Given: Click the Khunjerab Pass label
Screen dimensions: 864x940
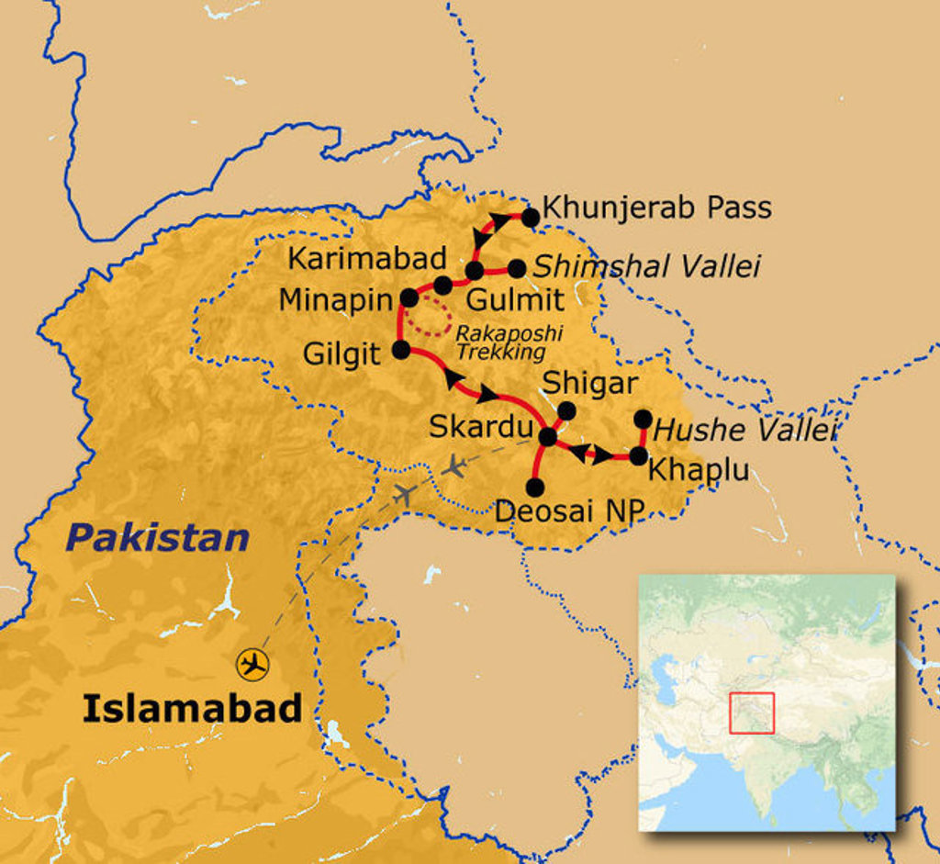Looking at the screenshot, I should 657,208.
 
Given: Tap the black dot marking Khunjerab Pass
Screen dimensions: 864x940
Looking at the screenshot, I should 530,218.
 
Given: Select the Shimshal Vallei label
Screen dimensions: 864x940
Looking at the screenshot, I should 646,266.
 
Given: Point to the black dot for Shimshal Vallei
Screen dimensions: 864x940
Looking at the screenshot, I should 517,268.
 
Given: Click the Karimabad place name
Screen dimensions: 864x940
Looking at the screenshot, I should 366,258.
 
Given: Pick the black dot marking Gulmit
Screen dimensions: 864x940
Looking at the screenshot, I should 475,270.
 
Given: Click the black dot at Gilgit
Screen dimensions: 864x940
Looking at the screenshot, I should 401,349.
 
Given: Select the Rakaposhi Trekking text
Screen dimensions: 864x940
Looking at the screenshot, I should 509,342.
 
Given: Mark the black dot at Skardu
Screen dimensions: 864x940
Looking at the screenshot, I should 548,437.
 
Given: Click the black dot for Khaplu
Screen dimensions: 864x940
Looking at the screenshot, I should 637,454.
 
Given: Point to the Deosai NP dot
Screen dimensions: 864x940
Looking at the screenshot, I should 535,487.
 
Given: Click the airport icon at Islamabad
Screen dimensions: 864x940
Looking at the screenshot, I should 252,663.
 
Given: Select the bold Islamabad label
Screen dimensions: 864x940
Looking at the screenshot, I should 192,708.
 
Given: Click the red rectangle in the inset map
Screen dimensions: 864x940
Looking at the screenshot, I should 752,713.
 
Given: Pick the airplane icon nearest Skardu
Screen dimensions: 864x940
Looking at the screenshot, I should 453,466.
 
